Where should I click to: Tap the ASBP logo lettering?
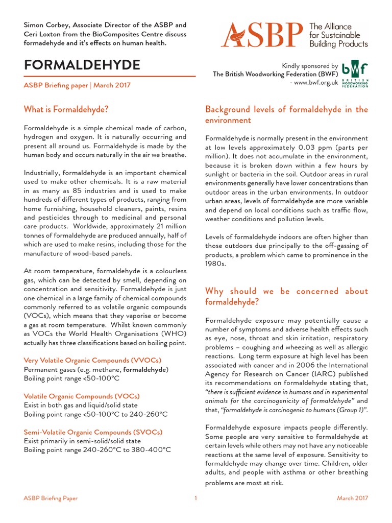[263, 35]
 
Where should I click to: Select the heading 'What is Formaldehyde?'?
[66, 109]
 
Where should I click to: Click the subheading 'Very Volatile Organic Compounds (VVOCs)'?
[93, 360]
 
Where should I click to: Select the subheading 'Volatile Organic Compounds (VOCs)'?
[82, 396]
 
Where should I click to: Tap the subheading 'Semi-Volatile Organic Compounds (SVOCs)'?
[93, 432]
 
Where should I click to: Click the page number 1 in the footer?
[195, 498]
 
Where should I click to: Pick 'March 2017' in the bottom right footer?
[352, 498]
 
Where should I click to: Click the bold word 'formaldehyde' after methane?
[145, 369]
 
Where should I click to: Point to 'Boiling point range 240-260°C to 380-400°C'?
[97, 450]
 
